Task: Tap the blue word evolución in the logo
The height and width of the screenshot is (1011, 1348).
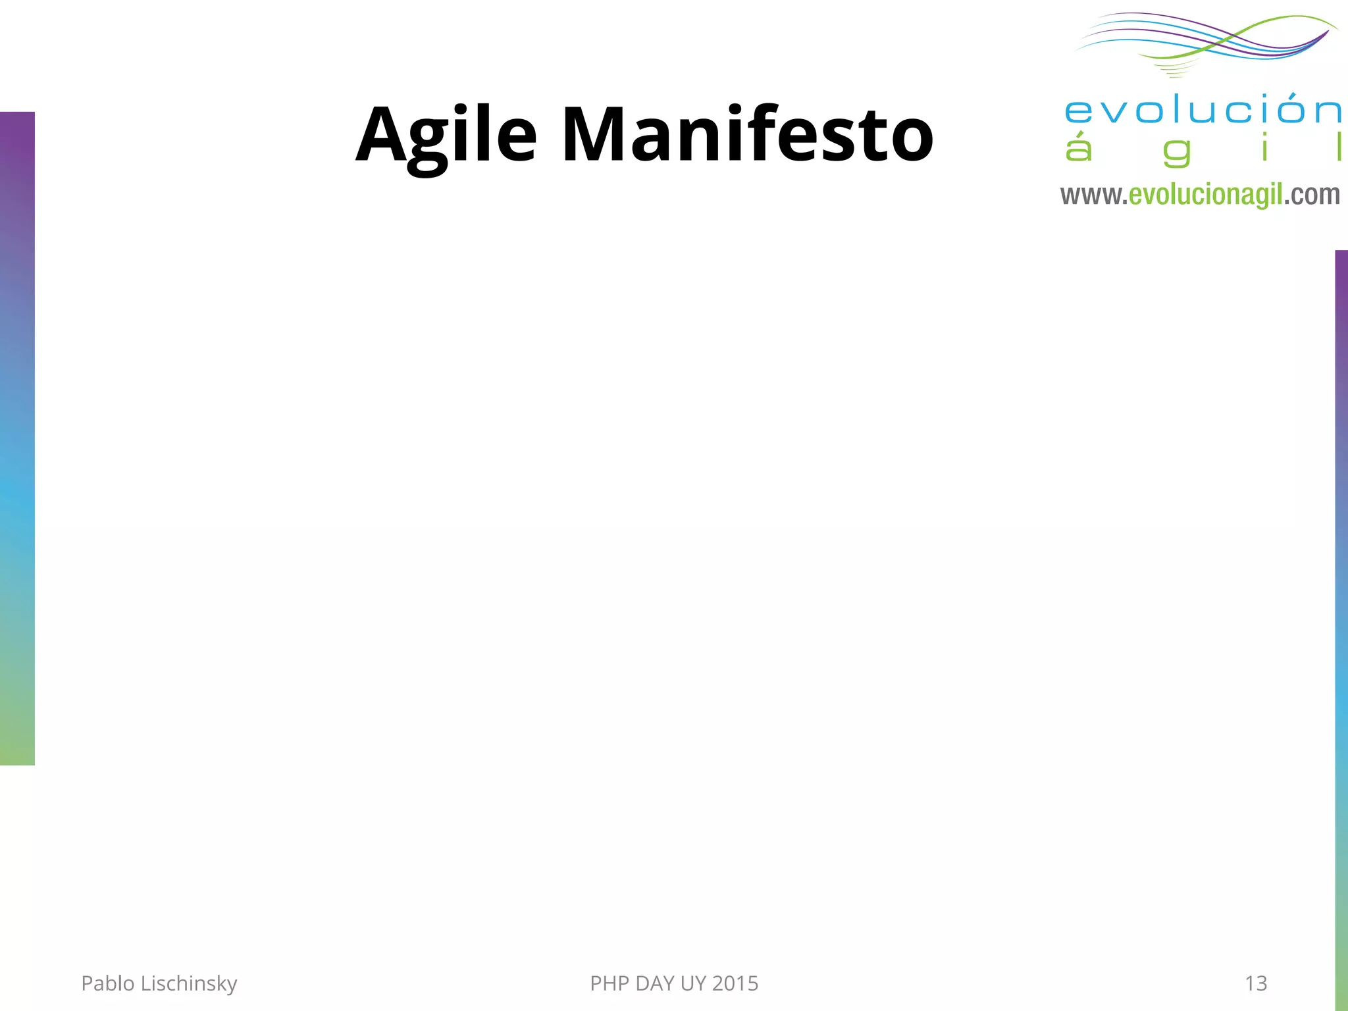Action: pyautogui.click(x=1203, y=111)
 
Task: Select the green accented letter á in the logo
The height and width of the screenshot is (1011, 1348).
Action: pyautogui.click(x=1078, y=148)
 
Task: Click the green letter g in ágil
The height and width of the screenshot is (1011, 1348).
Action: pyautogui.click(x=1177, y=151)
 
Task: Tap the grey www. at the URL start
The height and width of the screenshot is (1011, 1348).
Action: pyautogui.click(x=1093, y=195)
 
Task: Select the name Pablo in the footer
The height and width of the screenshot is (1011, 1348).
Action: pyautogui.click(x=108, y=983)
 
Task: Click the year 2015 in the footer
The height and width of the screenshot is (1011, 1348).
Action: pyautogui.click(x=735, y=983)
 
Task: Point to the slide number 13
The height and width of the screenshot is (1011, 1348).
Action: pyautogui.click(x=1256, y=983)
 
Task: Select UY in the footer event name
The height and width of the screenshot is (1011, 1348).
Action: pyautogui.click(x=693, y=983)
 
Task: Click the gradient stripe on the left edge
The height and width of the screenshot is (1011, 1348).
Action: pyautogui.click(x=17, y=438)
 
